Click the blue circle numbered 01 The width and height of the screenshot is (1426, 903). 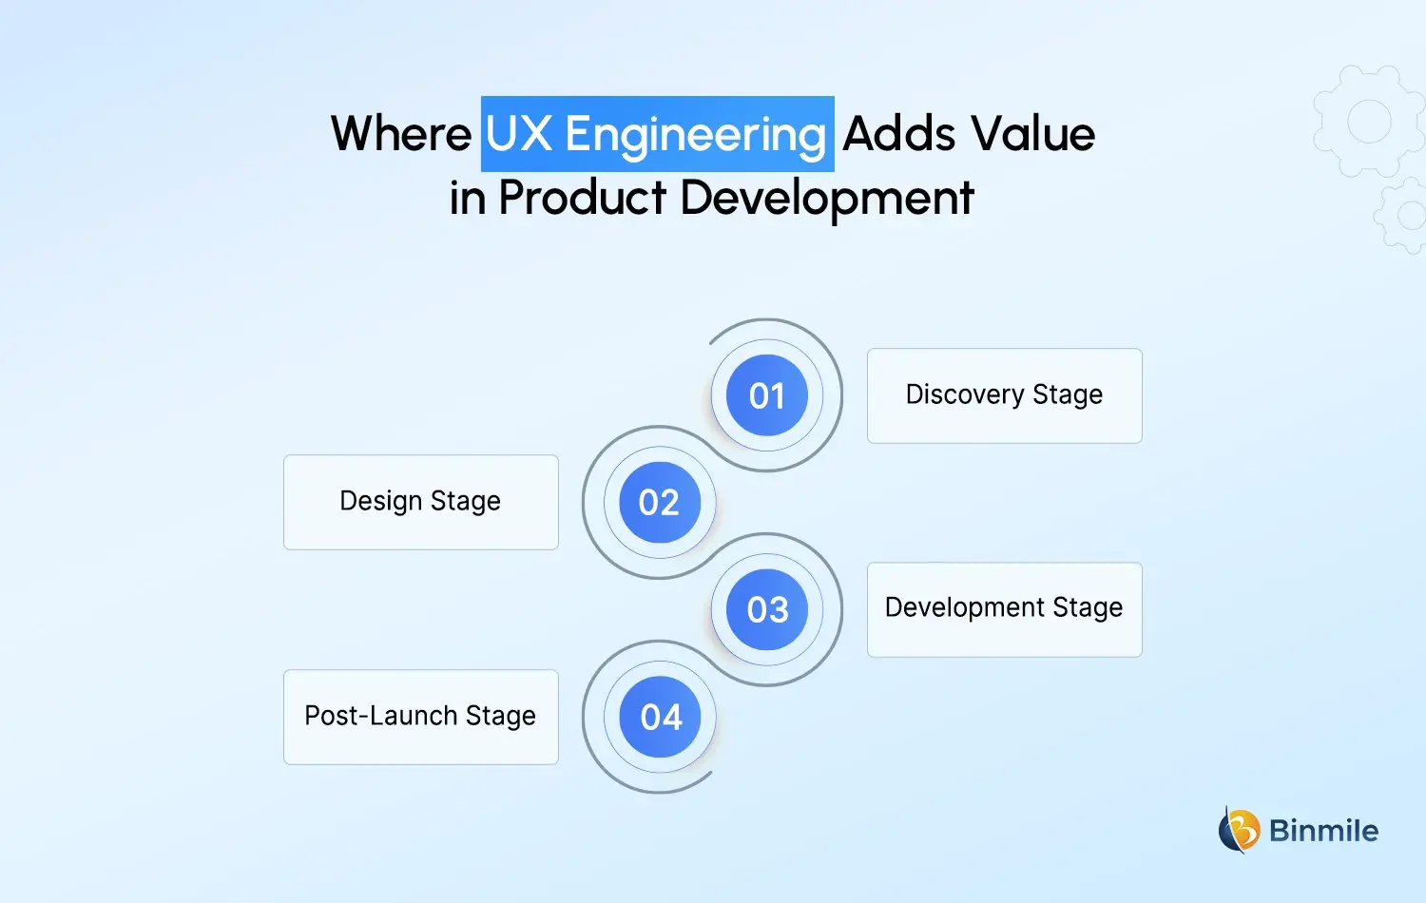click(767, 395)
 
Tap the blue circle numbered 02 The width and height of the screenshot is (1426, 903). click(660, 503)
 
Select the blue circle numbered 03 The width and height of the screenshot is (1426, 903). click(767, 609)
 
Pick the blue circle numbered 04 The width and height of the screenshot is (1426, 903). click(660, 717)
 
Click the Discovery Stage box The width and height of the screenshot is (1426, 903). click(1004, 395)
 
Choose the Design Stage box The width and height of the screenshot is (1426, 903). click(420, 502)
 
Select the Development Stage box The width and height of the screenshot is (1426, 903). click(1004, 609)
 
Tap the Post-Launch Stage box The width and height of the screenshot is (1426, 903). click(420, 717)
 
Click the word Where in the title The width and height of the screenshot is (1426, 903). click(401, 134)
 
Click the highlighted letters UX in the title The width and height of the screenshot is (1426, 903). click(519, 134)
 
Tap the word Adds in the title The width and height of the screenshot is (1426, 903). click(898, 134)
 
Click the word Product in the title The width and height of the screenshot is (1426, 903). click(582, 198)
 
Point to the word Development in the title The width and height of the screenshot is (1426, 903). click(827, 200)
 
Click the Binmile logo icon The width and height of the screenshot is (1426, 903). click(1239, 830)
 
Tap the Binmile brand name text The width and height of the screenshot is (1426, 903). click(1323, 831)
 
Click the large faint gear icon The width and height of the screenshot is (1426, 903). click(1368, 122)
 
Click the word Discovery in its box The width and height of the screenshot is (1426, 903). click(964, 395)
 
